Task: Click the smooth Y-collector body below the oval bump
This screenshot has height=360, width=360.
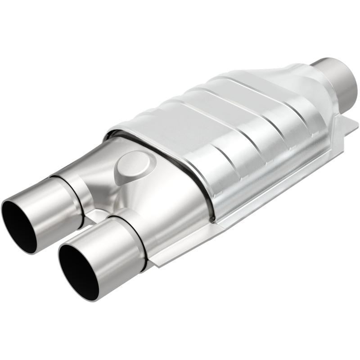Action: tap(166, 202)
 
